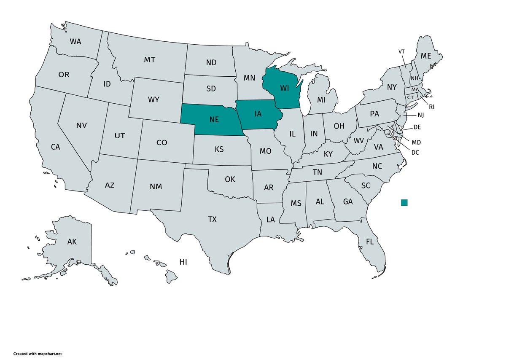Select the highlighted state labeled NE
pos(214,119)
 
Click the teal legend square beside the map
pos(404,202)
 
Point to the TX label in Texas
pos(212,219)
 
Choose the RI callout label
pos(431,107)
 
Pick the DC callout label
pos(415,152)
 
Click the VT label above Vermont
pos(402,51)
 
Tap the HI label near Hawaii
pos(183,262)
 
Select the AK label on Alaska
pos(72,242)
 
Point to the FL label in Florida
pos(370,242)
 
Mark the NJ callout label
pos(420,115)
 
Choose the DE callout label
pos(417,127)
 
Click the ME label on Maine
pos(426,56)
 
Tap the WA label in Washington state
pos(75,42)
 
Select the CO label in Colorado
pos(162,142)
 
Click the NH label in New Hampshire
pos(415,78)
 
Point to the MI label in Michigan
pos(322,100)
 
